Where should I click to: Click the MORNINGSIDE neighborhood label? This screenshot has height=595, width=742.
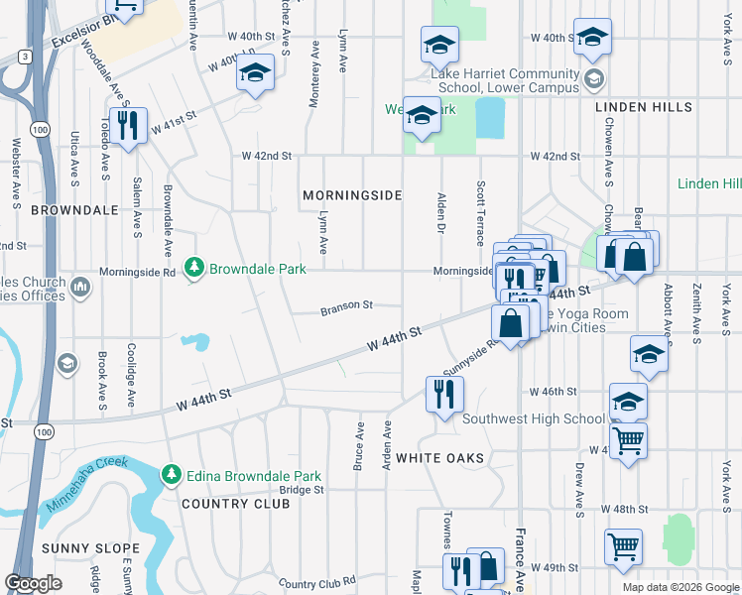click(352, 195)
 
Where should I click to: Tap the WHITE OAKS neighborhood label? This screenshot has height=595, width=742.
click(439, 458)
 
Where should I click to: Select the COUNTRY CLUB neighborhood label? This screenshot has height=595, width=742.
click(236, 504)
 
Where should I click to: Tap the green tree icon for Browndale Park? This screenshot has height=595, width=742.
click(194, 269)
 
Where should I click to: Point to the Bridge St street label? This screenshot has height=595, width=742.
click(302, 490)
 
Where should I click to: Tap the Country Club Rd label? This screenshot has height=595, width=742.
click(316, 583)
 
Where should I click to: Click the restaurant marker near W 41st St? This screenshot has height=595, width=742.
click(127, 125)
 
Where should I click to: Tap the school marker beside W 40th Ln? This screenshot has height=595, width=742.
click(256, 73)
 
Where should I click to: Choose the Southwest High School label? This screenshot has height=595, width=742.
click(533, 418)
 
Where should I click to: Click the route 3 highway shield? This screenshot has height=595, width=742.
click(22, 58)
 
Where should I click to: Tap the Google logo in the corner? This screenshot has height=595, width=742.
click(33, 582)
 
